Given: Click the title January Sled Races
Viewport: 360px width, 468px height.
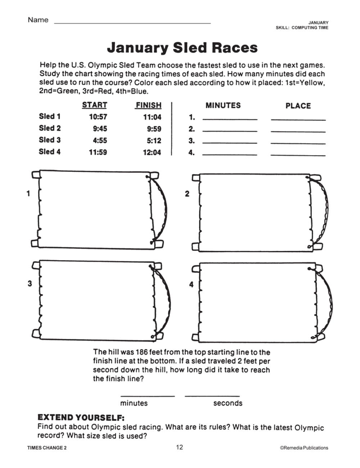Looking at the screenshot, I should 182,48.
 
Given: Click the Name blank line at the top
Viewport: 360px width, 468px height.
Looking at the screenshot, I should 132,22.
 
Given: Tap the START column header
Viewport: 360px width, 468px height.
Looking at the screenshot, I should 94,105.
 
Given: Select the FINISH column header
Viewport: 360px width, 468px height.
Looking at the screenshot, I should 148,105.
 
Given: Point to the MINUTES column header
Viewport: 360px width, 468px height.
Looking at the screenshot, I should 223,105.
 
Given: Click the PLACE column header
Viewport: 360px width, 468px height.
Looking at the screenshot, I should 298,106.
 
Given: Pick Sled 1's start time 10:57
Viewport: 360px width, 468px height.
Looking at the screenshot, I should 98,117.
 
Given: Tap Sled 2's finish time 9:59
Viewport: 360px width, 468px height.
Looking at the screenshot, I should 154,129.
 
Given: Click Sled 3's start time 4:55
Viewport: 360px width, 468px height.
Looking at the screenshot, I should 100,140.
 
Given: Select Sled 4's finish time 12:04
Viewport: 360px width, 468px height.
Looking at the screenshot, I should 152,152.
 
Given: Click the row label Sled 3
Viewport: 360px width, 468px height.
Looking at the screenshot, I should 50,140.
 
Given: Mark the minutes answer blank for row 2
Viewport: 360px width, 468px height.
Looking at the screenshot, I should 230,131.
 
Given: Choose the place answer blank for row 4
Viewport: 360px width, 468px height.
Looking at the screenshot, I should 298,154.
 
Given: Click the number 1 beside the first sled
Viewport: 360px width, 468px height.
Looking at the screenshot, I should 28,194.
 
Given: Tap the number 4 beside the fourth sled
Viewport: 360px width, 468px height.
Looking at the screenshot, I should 192,284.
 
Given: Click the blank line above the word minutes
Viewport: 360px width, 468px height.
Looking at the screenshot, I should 148,396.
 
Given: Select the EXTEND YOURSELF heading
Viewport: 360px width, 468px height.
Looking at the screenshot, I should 81,418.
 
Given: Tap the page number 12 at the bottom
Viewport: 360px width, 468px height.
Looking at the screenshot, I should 180,447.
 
